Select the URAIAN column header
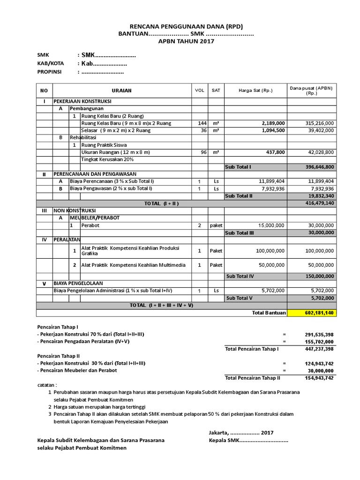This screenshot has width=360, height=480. pos(121,90)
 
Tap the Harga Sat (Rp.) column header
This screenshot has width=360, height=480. pos(255,90)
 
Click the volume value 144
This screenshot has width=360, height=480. pos(202,123)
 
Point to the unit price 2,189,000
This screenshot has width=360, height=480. pos(270,123)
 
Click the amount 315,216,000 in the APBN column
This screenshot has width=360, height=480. pos(317,123)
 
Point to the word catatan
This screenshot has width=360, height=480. pos(46,384)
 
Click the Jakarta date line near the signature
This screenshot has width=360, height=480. pos(241,433)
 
